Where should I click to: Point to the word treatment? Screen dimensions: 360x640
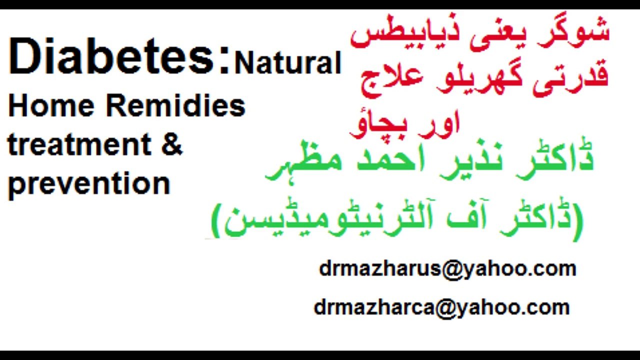point(79,145)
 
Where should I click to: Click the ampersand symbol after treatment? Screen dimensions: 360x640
point(172,145)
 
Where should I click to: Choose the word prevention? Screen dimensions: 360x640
point(89,183)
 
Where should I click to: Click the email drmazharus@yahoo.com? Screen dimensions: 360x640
point(447,269)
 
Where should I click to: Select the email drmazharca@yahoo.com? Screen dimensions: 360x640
point(441,307)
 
